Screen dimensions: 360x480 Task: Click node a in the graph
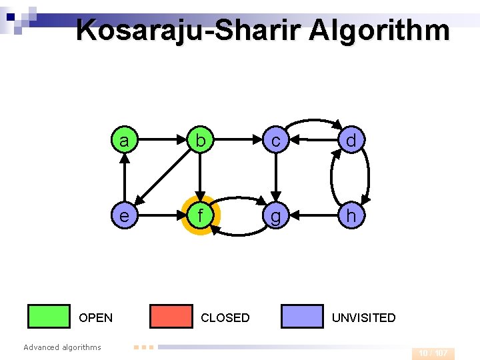pos(124,141)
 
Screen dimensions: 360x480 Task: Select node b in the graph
pos(199,141)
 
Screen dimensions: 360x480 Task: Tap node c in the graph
pos(275,141)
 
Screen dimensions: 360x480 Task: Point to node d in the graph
pos(351,141)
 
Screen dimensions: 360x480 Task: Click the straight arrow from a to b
pos(161,141)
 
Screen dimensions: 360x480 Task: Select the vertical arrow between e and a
pos(124,178)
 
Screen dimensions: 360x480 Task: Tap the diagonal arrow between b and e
pos(161,178)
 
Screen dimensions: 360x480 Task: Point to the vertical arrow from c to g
pos(275,178)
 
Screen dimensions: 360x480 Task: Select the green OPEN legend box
pos(49,317)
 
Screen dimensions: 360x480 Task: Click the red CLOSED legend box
pos(171,317)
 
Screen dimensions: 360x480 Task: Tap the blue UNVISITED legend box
pos(302,317)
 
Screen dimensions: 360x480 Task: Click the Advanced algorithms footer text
pos(62,347)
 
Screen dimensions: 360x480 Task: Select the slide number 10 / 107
pos(433,353)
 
